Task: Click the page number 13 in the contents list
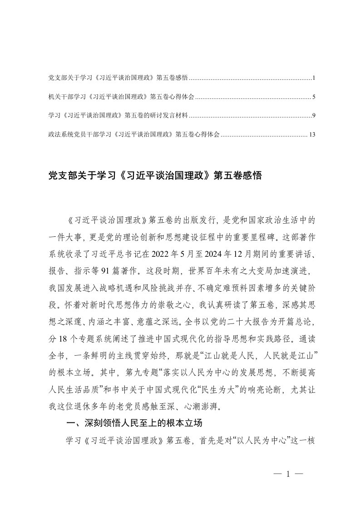pyautogui.click(x=311, y=135)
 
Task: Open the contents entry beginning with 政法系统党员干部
pyautogui.click(x=134, y=135)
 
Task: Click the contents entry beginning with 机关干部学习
pyautogui.click(x=121, y=97)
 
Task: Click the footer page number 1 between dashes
pyautogui.click(x=288, y=475)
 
